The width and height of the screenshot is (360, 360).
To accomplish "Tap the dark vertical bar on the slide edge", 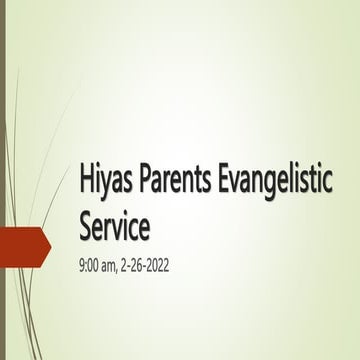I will (x=3, y=180).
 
